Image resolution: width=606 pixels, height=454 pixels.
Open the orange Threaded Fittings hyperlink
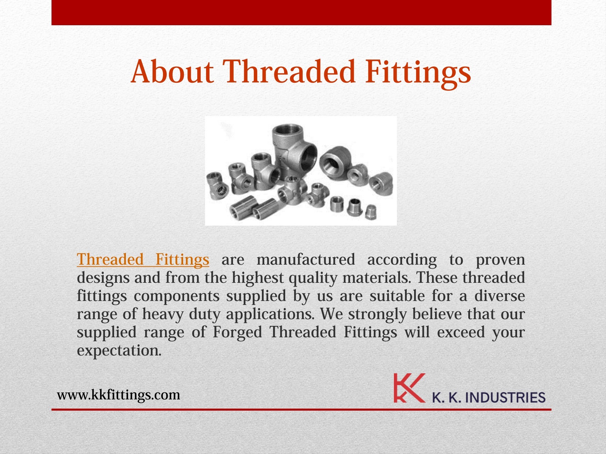coord(143,260)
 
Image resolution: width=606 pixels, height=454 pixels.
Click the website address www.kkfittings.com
coord(119,394)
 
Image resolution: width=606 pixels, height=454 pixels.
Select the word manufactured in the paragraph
coord(305,260)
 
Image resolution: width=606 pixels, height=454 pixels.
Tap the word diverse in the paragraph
coord(500,296)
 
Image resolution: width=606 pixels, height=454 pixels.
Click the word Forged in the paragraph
coord(237,333)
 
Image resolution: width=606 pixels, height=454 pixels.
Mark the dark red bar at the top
coord(301,12)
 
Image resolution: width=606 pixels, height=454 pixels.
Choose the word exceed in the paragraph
coord(461,333)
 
